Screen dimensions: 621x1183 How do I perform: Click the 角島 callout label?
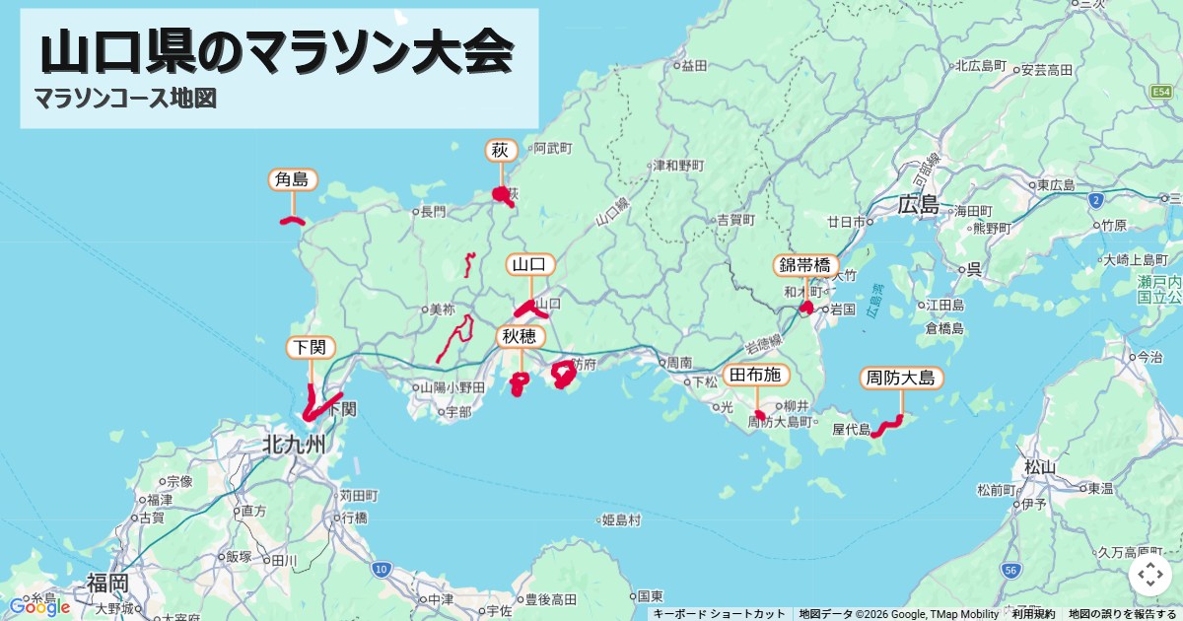click(292, 179)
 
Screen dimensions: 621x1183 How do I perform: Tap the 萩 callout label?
click(501, 151)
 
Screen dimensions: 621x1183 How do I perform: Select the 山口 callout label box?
click(530, 264)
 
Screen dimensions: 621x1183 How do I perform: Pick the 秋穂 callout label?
click(520, 337)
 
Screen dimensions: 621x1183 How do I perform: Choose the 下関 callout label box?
click(311, 347)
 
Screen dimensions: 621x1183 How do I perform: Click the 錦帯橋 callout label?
click(806, 265)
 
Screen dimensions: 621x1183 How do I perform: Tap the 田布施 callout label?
click(757, 375)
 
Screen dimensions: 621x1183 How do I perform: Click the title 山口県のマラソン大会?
click(277, 53)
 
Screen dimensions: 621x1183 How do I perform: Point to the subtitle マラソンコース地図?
click(124, 99)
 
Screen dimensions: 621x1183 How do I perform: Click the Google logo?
click(39, 606)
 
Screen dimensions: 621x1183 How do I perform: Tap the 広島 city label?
click(919, 205)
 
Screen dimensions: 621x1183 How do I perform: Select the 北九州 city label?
click(293, 445)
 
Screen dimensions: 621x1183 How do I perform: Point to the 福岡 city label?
click(106, 582)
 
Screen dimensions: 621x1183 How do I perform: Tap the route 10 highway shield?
click(382, 569)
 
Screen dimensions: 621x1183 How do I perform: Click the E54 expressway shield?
click(1162, 91)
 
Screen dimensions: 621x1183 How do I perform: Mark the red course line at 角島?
click(292, 221)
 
